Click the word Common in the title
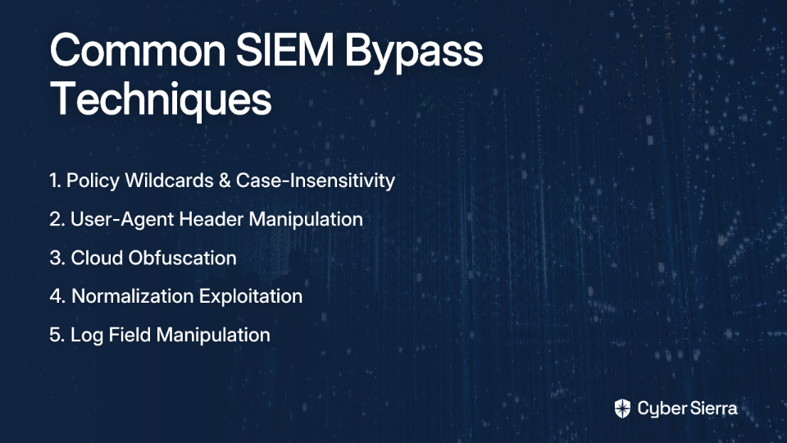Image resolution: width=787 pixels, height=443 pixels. [138, 50]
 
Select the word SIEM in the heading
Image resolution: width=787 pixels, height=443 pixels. [285, 50]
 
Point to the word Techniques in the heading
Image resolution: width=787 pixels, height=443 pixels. [161, 99]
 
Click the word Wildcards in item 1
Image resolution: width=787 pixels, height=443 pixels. [169, 180]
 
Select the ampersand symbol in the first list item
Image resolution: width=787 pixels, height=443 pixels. [225, 180]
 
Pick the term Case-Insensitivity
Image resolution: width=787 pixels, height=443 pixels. [316, 180]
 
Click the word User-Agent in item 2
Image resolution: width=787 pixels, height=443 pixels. [122, 220]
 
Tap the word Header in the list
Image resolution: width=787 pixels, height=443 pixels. [212, 219]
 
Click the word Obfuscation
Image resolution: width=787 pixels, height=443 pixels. [183, 258]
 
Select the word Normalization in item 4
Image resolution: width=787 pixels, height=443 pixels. [133, 296]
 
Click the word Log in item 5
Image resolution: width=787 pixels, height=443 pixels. [87, 336]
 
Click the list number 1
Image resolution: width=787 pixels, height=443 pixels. [55, 180]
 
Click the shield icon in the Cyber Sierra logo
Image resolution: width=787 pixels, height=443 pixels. [622, 409]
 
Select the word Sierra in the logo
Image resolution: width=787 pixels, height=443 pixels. [712, 409]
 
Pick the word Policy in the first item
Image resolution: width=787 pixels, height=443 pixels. [93, 181]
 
